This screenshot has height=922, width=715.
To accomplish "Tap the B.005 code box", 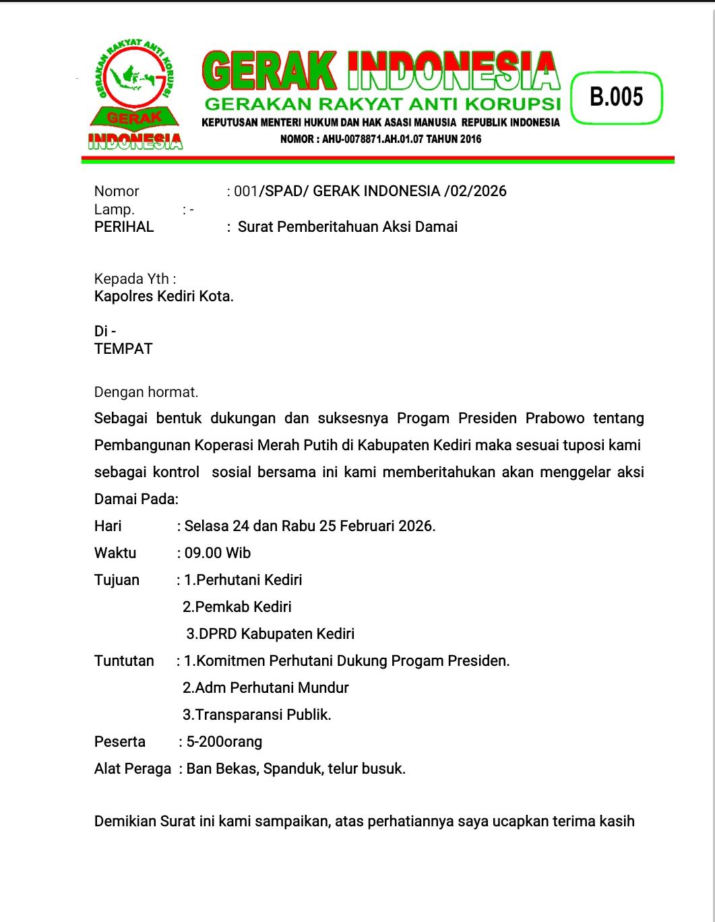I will [617, 97].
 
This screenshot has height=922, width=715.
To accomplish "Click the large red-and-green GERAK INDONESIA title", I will [381, 71].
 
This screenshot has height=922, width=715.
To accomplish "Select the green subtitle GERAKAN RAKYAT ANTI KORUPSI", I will [383, 104].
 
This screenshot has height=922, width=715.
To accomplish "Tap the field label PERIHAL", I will [124, 227].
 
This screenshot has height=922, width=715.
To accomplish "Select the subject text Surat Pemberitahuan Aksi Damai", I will [348, 227].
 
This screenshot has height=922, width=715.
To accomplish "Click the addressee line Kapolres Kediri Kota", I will [164, 296].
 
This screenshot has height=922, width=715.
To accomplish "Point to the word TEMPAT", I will [123, 349].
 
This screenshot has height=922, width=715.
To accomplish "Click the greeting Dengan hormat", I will [146, 392].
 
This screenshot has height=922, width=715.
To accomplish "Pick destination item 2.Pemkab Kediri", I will [237, 607].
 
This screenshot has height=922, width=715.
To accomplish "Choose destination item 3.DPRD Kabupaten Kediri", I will [270, 634].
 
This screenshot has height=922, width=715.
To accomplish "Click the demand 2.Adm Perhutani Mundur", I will [266, 688].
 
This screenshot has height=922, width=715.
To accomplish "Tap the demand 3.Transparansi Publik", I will [257, 715].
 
